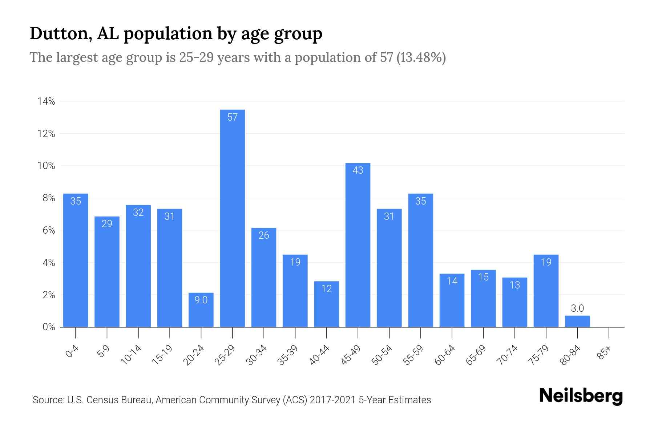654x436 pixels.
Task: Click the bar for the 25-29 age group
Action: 233,218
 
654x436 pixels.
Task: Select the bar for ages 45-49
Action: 358,245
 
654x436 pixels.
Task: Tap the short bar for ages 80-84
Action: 577,322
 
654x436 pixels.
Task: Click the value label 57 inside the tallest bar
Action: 233,117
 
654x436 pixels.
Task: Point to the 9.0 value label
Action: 201,300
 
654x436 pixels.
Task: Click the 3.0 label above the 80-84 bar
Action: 577,308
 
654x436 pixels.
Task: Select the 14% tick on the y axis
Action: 46,101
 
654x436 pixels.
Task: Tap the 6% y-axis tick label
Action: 49,230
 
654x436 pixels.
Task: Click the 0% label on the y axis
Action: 49,327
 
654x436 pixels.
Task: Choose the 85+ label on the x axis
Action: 605,353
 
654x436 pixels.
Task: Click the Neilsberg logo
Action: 581,396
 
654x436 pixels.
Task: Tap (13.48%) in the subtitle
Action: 421,58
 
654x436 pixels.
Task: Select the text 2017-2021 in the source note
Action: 332,400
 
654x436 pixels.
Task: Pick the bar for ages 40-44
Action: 327,304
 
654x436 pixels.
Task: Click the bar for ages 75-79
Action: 546,291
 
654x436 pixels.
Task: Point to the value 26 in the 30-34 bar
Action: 264,235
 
